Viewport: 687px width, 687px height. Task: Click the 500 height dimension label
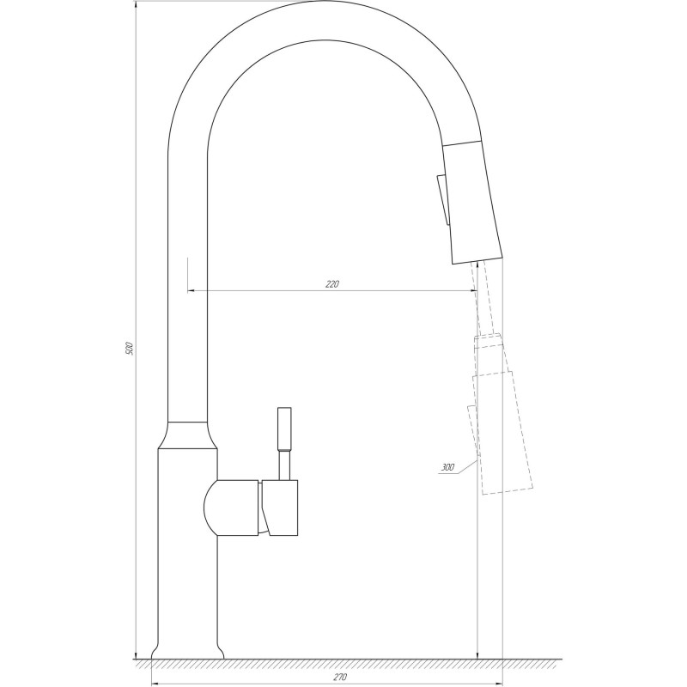[130, 348]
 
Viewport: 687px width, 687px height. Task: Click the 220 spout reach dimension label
[332, 284]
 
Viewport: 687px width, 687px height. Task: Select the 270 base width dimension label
[339, 678]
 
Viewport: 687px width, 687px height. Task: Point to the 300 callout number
[447, 468]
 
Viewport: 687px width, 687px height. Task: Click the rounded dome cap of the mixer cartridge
[212, 507]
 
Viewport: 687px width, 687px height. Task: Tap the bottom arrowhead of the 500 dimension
[137, 654]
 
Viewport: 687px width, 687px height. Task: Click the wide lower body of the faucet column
[187, 558]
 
